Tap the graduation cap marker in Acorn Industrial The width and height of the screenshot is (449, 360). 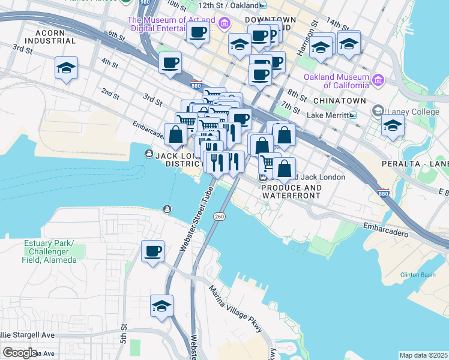(x=66, y=70)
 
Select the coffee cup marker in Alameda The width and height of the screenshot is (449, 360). (x=152, y=251)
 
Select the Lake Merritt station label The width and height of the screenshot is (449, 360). (x=327, y=115)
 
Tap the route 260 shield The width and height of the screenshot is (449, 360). (x=219, y=216)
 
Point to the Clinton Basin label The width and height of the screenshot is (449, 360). (x=418, y=275)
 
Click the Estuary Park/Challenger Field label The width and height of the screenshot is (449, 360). (x=50, y=251)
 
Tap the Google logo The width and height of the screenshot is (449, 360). (x=20, y=353)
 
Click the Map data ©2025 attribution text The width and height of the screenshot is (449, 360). (x=423, y=355)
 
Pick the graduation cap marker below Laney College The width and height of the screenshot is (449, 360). (x=393, y=126)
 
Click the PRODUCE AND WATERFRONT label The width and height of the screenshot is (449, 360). (x=291, y=191)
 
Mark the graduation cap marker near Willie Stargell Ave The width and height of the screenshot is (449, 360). (x=161, y=306)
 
